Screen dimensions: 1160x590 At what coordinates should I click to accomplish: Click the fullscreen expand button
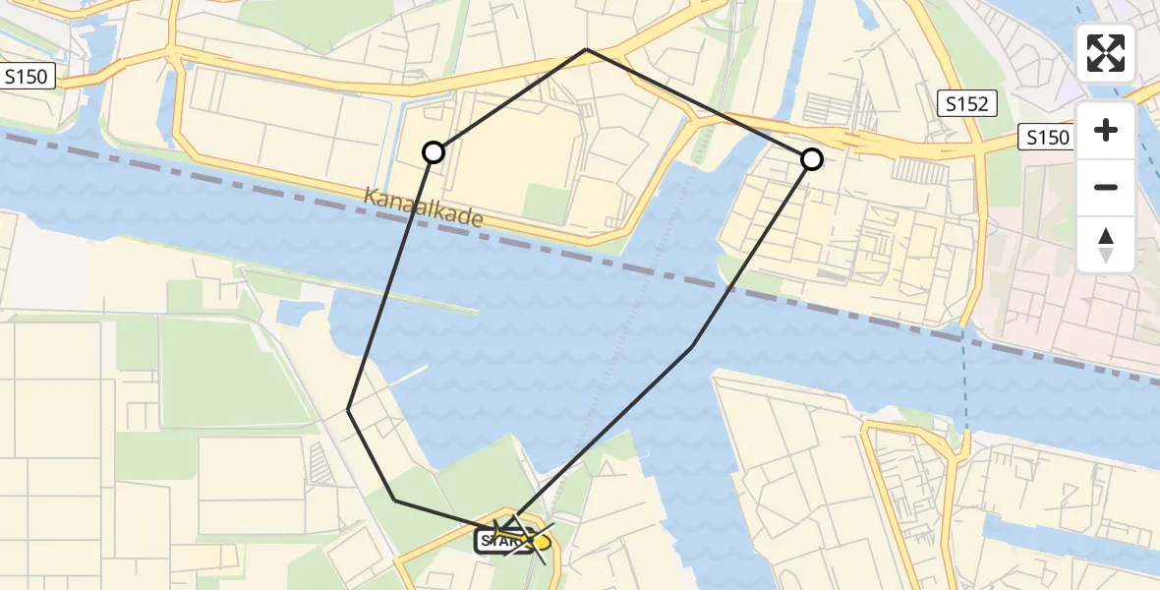pyautogui.click(x=1106, y=53)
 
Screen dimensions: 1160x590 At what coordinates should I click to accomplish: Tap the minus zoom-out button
pyautogui.click(x=1106, y=187)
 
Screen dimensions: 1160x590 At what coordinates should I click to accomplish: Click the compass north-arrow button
pyautogui.click(x=1106, y=244)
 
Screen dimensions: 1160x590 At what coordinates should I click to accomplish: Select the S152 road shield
pyautogui.click(x=967, y=103)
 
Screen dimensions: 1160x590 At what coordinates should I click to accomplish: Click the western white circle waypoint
pyautogui.click(x=434, y=152)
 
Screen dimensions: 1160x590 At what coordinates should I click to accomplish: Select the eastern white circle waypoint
pyautogui.click(x=811, y=158)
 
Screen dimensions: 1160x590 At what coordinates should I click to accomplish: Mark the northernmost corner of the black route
pyautogui.click(x=586, y=49)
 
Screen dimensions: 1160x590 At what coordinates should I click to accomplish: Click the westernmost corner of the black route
pyautogui.click(x=349, y=410)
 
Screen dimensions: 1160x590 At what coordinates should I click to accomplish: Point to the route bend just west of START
pyautogui.click(x=395, y=501)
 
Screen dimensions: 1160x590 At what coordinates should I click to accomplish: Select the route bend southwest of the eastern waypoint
pyautogui.click(x=693, y=347)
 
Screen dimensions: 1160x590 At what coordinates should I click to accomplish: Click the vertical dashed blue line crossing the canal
pyautogui.click(x=967, y=383)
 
